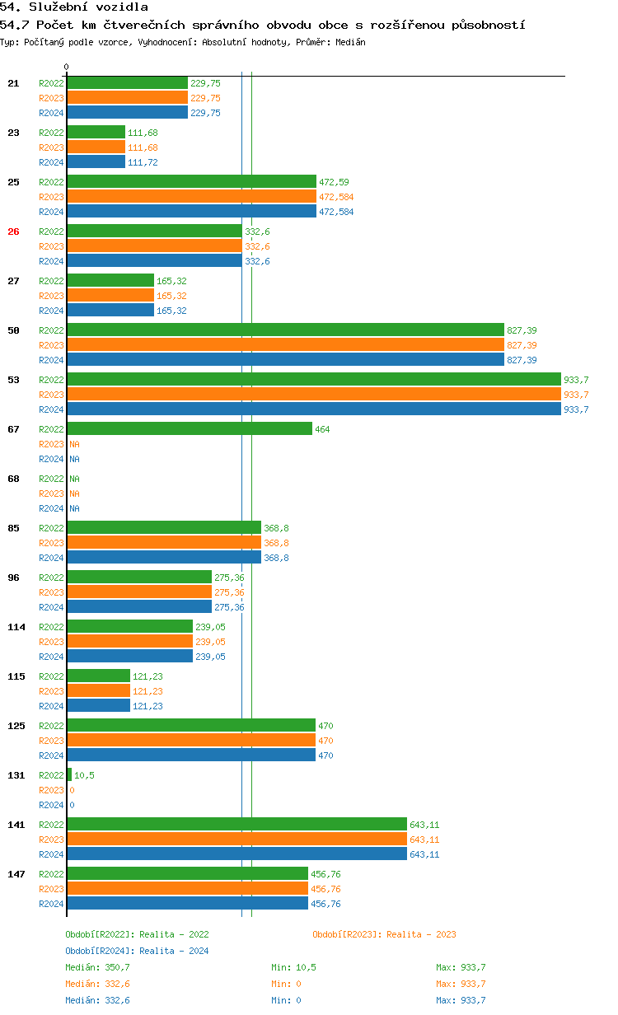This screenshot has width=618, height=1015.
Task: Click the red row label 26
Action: click(x=13, y=232)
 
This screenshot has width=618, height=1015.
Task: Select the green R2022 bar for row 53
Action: click(x=313, y=380)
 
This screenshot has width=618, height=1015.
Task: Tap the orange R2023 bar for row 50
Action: click(x=285, y=345)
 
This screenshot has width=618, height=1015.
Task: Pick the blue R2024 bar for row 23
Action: click(x=96, y=162)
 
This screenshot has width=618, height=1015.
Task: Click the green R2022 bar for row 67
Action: click(x=190, y=429)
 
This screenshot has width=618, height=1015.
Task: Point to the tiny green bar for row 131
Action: click(x=69, y=775)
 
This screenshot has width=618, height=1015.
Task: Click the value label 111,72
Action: click(x=143, y=162)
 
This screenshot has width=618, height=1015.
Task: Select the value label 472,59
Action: click(x=334, y=182)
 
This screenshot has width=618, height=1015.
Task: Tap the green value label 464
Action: click(x=323, y=429)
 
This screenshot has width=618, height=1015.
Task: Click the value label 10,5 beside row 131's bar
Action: click(x=84, y=775)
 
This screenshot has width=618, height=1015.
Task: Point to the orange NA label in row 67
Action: click(x=74, y=444)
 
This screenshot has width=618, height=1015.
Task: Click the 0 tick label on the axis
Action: click(x=67, y=67)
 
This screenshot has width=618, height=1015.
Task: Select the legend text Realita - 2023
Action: click(x=421, y=934)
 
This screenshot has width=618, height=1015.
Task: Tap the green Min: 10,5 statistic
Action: click(x=293, y=967)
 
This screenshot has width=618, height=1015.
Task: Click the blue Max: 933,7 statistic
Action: click(x=461, y=1000)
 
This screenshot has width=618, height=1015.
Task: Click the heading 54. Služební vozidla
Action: click(x=74, y=7)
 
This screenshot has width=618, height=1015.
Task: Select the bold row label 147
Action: click(x=16, y=874)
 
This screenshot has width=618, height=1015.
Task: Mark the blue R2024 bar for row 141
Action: click(x=237, y=854)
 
